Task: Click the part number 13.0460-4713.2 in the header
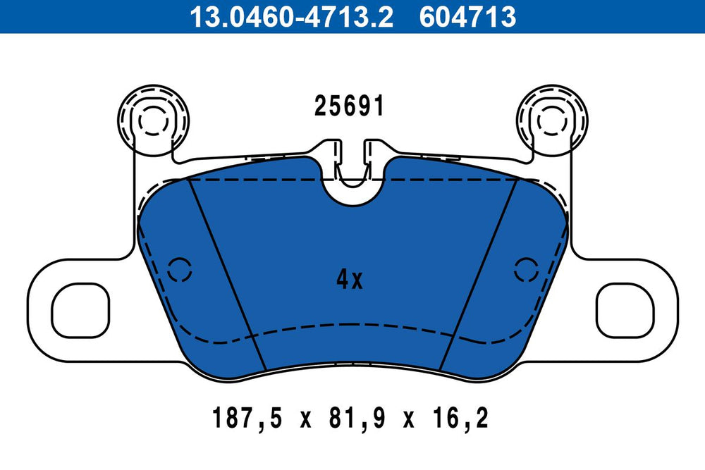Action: tap(291, 17)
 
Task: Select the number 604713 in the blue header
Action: tap(467, 17)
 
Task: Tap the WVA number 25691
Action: tap(350, 106)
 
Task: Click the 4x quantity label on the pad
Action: tap(350, 280)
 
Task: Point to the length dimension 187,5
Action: tap(247, 418)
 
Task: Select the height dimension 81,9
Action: tap(357, 418)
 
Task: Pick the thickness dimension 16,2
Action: tap(460, 418)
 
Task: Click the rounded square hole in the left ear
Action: tap(81, 311)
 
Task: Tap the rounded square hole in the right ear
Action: tap(625, 311)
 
